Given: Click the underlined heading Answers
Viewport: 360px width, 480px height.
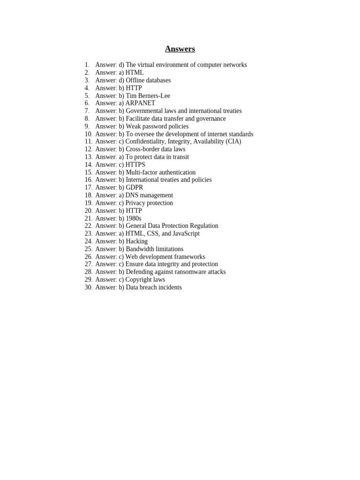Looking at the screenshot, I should tap(180, 49).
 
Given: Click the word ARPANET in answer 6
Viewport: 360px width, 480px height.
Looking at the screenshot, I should tap(140, 103).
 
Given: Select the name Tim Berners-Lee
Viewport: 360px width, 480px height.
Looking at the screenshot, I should tap(148, 96).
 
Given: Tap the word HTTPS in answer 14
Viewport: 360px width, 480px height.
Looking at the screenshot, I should tap(135, 165).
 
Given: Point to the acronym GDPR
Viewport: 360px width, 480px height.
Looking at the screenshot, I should tap(135, 187).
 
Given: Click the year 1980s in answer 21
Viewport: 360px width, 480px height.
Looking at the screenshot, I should tap(134, 218).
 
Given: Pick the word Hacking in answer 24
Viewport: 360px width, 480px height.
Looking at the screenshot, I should tap(136, 241).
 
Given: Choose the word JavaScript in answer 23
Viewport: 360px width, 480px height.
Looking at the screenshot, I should tap(186, 233).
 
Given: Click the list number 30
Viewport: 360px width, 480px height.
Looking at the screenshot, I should tap(88, 287).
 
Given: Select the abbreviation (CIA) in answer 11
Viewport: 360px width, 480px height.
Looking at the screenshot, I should tap(232, 142).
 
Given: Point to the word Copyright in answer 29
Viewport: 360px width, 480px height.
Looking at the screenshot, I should tap(138, 280).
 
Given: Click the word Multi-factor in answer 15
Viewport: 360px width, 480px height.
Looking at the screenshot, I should tap(141, 172).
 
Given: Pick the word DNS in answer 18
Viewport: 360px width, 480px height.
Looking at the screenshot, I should tap(132, 195).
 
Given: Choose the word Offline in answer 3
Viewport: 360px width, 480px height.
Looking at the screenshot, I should tap(136, 80).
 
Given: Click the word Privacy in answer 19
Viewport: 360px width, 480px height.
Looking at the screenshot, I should tap(135, 203).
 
